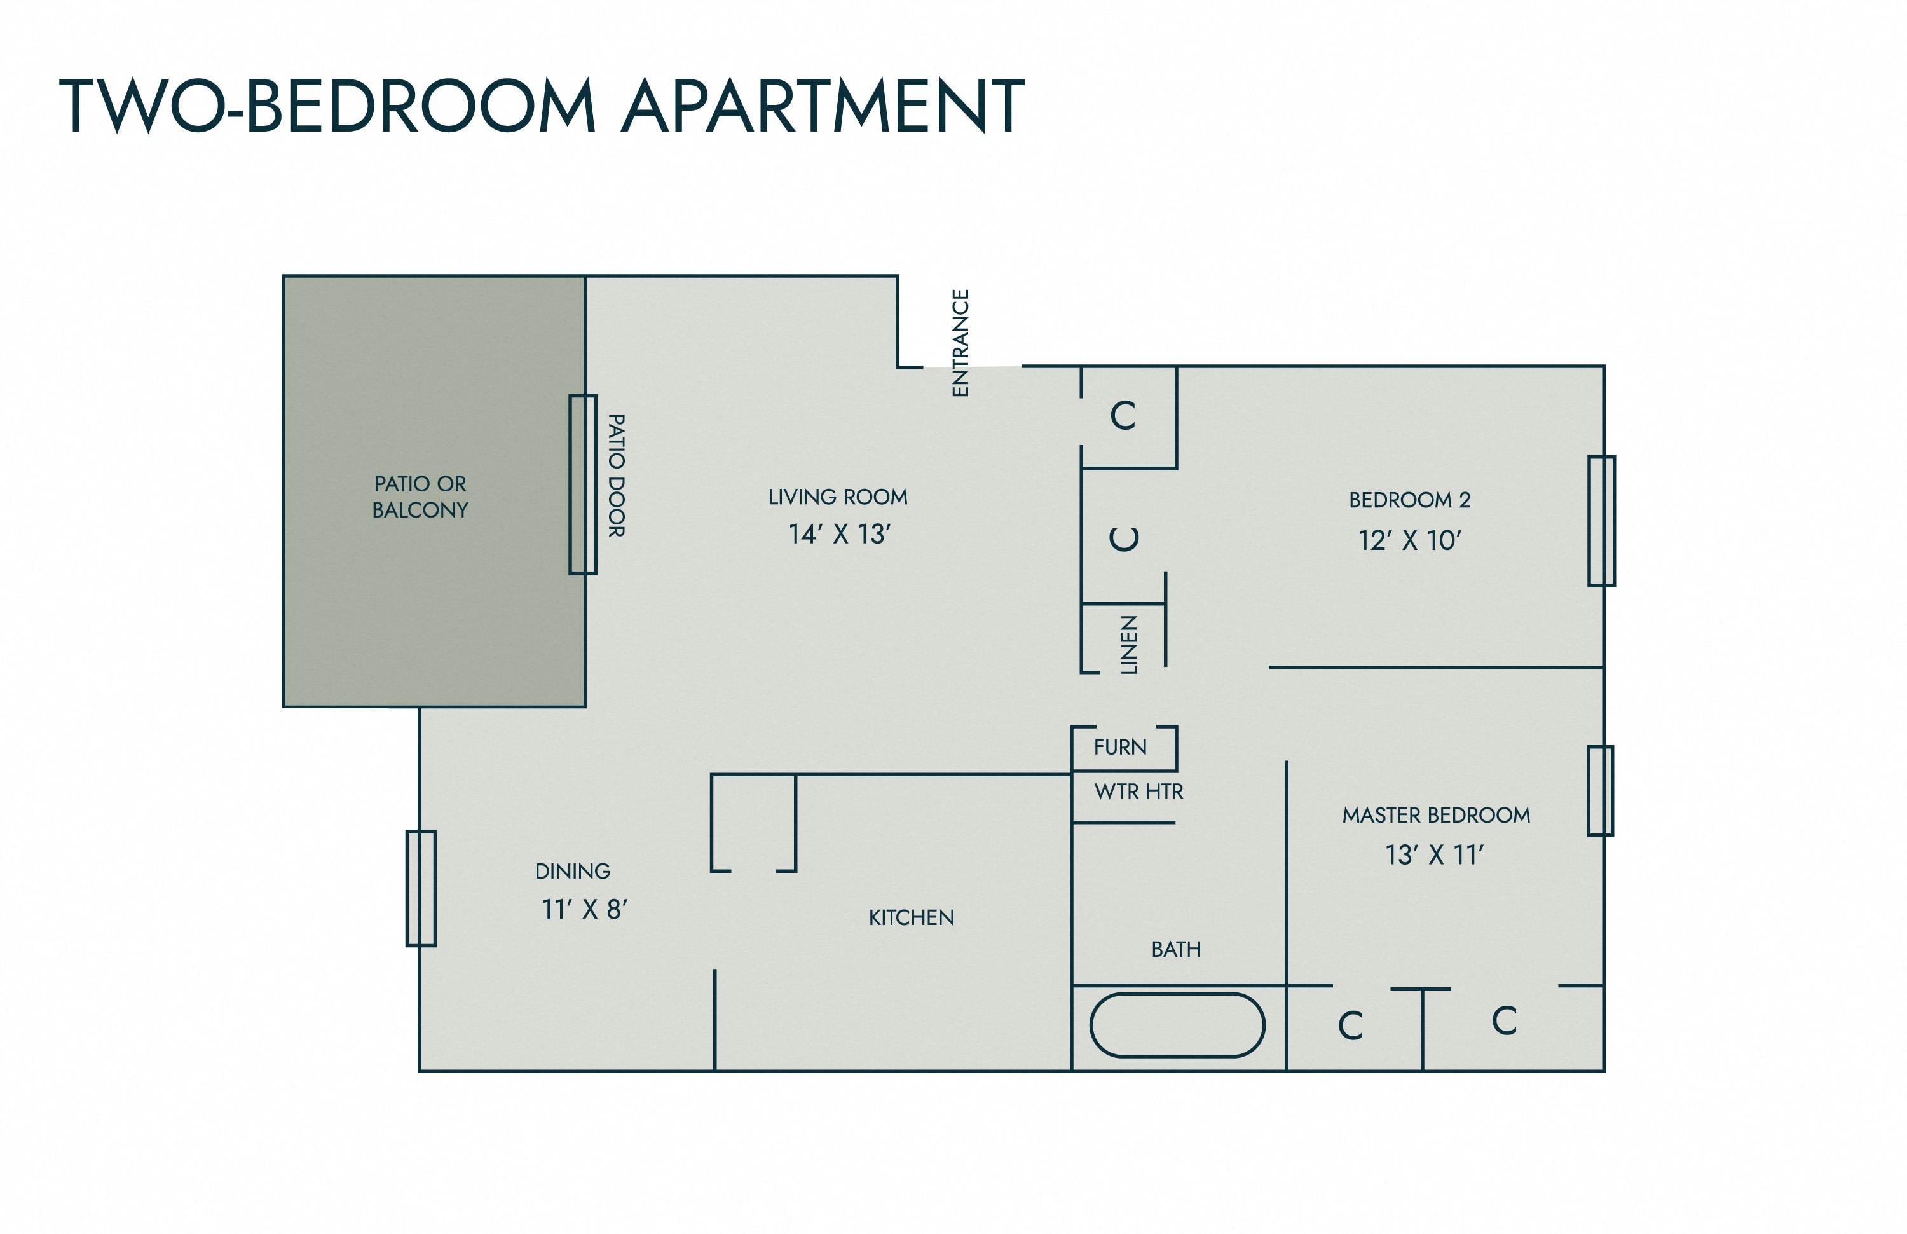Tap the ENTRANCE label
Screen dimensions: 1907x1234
click(960, 343)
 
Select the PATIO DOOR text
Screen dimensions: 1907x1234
click(615, 476)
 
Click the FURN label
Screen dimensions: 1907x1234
click(1120, 747)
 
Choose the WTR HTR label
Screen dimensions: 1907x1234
click(1138, 792)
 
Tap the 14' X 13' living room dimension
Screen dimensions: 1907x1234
click(840, 533)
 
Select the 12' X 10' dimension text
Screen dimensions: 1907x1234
click(1409, 541)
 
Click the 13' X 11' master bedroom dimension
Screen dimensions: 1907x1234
click(1434, 855)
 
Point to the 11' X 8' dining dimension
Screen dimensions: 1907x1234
click(584, 910)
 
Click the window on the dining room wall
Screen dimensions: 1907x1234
click(421, 889)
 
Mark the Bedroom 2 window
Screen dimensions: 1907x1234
click(1602, 521)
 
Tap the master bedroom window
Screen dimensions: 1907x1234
click(1600, 791)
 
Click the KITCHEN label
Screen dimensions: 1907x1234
click(912, 917)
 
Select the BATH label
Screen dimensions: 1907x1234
click(1176, 950)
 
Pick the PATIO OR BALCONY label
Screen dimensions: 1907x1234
click(420, 497)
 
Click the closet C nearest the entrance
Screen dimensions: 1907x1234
click(1123, 416)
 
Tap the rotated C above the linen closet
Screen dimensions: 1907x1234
click(1123, 538)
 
